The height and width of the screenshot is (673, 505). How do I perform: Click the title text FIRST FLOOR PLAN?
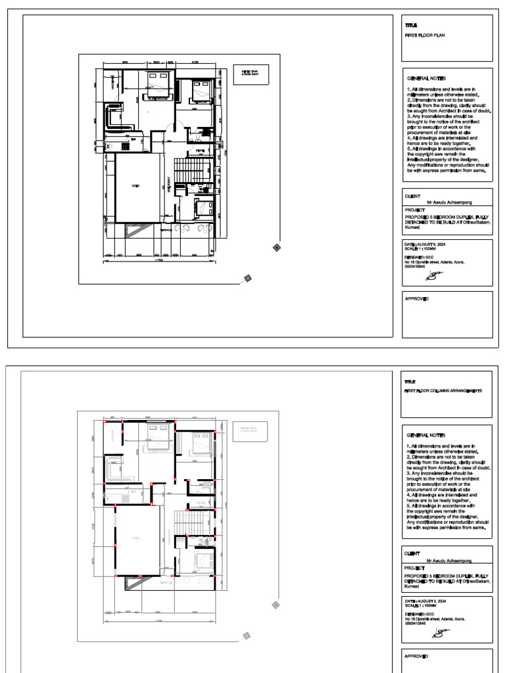[x=425, y=35]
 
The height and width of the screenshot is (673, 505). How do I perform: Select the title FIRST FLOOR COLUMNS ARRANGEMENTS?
[x=444, y=390]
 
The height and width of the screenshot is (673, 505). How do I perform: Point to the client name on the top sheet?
[x=449, y=203]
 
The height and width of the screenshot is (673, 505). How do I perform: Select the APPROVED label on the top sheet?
[x=417, y=299]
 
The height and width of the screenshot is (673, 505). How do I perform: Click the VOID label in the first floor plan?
[x=136, y=186]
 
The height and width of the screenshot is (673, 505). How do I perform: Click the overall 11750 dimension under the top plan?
[x=159, y=262]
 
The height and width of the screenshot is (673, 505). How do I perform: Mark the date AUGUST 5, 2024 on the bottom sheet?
[x=425, y=601]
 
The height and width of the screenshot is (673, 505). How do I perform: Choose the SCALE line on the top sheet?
[x=420, y=248]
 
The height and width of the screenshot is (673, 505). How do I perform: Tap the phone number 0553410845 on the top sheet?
[x=414, y=267]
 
